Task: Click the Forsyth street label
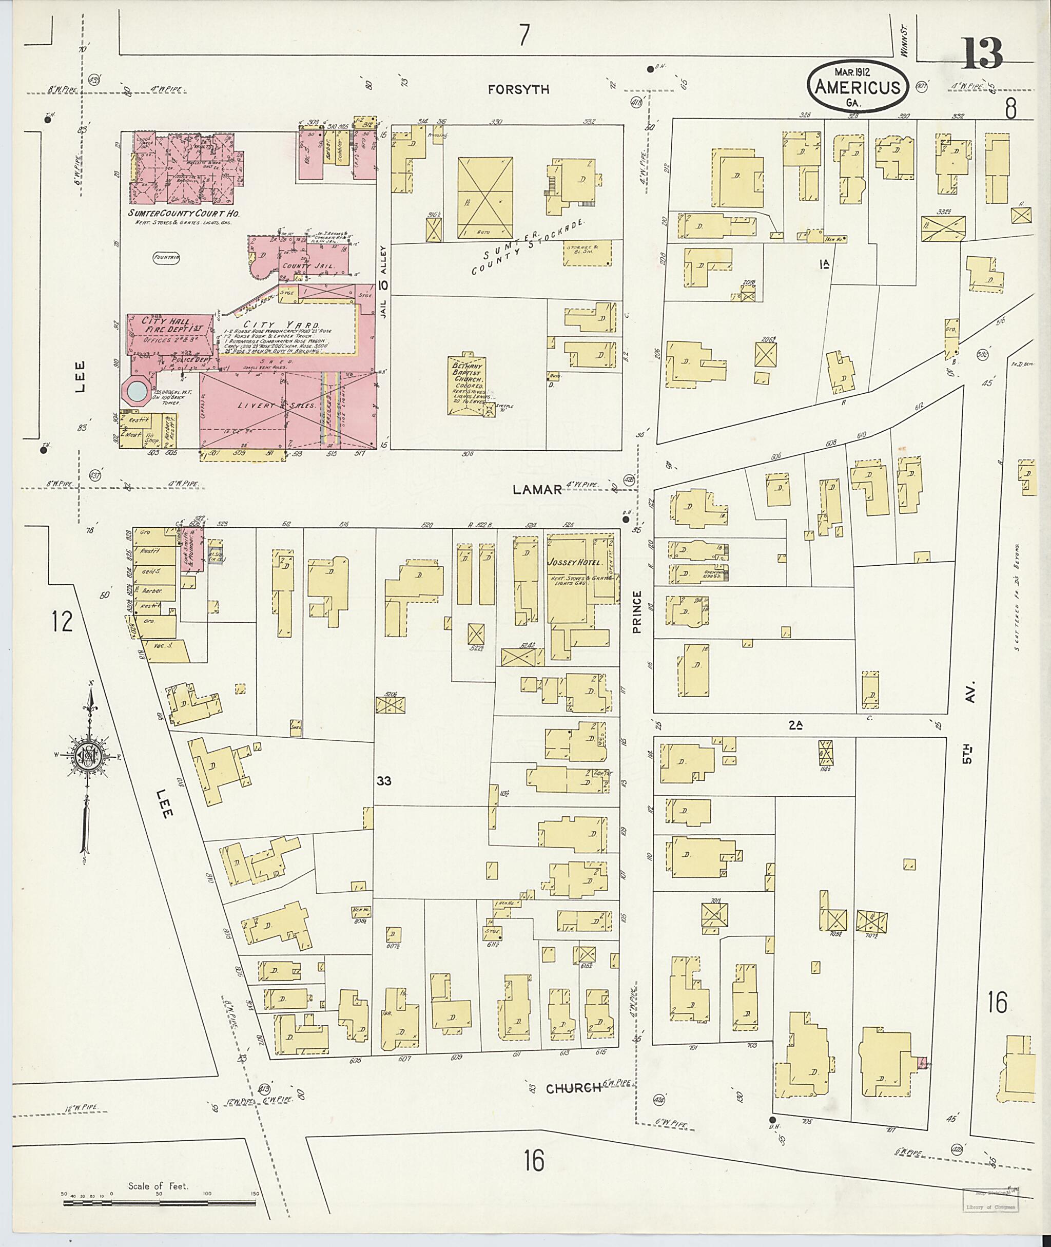(518, 90)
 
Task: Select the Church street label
(573, 1088)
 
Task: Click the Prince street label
(637, 611)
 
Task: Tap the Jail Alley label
(384, 281)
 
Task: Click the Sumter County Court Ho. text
(179, 214)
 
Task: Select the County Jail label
(316, 265)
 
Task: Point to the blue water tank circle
(137, 391)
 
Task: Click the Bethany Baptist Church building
(468, 385)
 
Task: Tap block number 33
(384, 781)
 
